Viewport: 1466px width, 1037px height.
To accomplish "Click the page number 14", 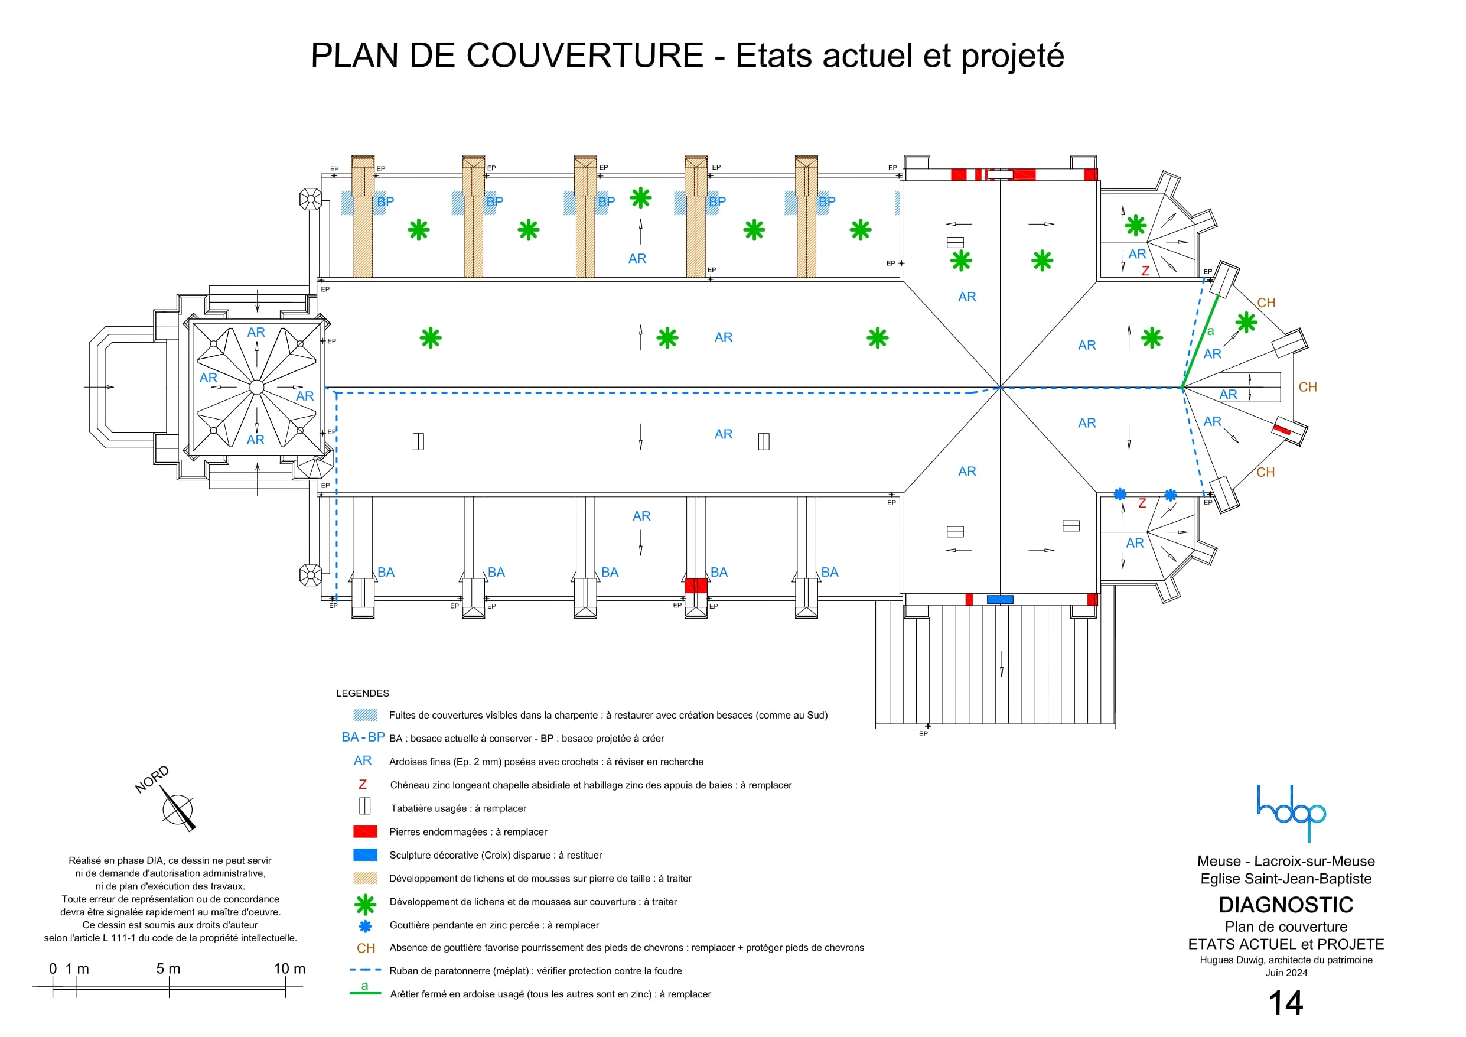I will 1285,1003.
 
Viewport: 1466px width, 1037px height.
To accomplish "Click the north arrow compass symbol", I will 178,809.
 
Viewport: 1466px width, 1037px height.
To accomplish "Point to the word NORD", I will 152,779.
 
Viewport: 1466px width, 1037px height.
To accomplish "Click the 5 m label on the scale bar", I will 168,968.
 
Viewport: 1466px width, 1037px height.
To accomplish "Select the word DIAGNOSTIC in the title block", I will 1285,905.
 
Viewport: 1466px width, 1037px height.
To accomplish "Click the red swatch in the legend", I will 365,832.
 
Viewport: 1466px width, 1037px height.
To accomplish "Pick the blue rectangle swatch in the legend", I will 365,855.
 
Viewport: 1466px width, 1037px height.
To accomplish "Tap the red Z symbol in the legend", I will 363,785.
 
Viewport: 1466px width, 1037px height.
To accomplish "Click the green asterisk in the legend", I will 365,904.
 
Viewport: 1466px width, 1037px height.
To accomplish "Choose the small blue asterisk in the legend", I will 365,926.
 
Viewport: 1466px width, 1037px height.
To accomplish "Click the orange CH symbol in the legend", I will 366,948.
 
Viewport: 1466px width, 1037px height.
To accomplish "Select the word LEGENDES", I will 363,693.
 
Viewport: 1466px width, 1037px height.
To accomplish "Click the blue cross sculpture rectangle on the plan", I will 1000,599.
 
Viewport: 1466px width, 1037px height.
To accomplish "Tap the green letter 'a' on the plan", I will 1210,331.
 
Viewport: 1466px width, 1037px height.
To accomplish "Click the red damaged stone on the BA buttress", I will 695,585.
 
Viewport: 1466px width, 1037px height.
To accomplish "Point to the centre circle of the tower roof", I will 257,387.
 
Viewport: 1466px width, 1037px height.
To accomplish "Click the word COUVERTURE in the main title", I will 585,56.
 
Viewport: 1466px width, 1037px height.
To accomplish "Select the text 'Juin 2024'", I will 1286,973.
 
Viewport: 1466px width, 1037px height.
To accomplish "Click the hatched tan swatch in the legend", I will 365,879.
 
